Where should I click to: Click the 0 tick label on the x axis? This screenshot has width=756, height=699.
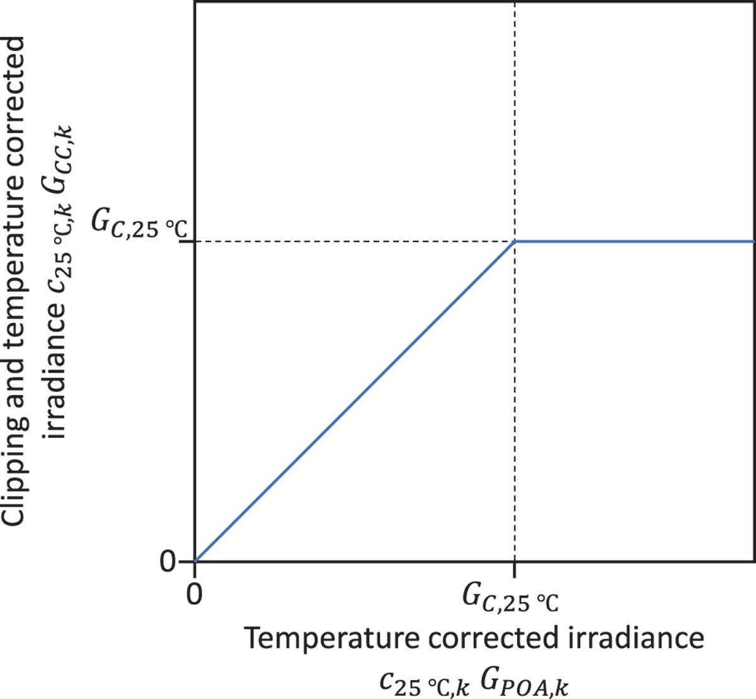coord(194,593)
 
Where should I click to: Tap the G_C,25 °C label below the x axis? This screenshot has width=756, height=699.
coord(510,599)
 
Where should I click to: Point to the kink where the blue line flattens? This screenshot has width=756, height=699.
coord(515,241)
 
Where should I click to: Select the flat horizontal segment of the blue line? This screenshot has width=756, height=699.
coord(636,241)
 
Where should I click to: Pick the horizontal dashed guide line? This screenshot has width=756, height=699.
coord(353,241)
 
